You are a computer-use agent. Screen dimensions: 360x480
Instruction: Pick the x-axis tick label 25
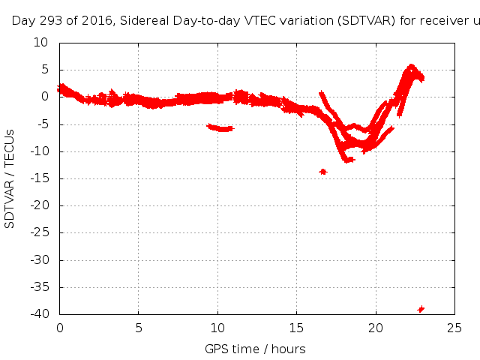(x=454, y=327)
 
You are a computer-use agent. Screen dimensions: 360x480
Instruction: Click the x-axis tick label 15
(x=296, y=327)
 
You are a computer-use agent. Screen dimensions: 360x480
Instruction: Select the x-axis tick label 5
(x=139, y=327)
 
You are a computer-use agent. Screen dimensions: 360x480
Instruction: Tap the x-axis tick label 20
(x=375, y=327)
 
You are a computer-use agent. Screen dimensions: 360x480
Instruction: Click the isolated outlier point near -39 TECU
(x=421, y=309)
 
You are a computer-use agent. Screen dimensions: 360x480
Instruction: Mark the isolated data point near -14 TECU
(x=323, y=172)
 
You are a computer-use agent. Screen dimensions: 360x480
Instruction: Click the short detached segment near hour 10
(x=220, y=127)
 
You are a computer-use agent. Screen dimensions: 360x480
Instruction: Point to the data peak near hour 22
(x=411, y=68)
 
